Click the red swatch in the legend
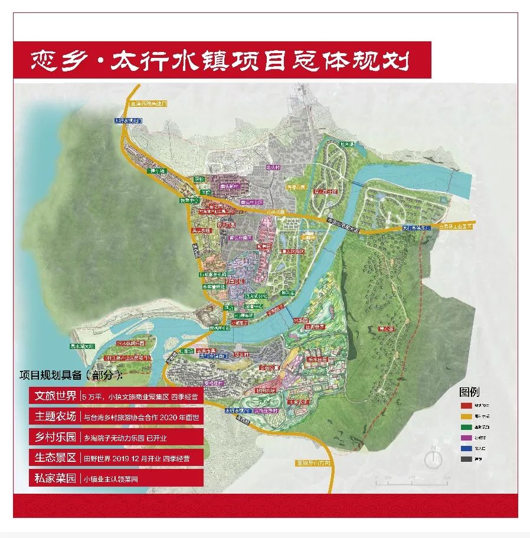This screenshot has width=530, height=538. [x=466, y=406]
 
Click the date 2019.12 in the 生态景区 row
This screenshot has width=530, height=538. [x=126, y=458]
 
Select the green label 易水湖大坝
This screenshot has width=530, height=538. [x=81, y=346]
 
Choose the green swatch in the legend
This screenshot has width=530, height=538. [x=466, y=427]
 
